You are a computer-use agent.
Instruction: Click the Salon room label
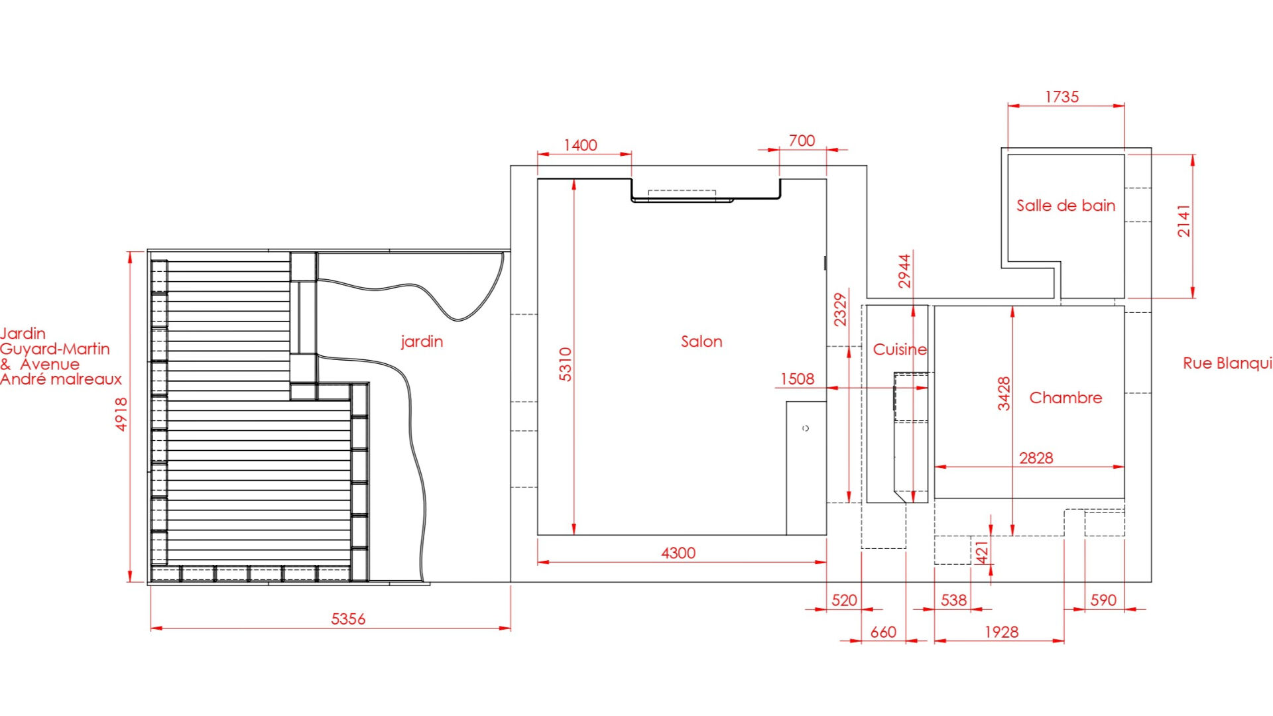[x=701, y=341]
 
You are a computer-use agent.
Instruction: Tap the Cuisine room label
[x=900, y=349]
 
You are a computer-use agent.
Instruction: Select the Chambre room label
[x=1065, y=398]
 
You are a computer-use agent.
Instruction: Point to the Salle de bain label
[x=1066, y=206]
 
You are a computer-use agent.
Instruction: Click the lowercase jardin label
[x=422, y=342]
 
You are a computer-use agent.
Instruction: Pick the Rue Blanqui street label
[x=1227, y=363]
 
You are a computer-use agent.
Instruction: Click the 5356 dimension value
[x=348, y=619]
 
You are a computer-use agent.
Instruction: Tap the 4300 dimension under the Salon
[x=678, y=553]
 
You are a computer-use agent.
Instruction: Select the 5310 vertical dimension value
[x=565, y=365]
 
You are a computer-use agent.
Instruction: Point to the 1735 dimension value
[x=1062, y=97]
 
